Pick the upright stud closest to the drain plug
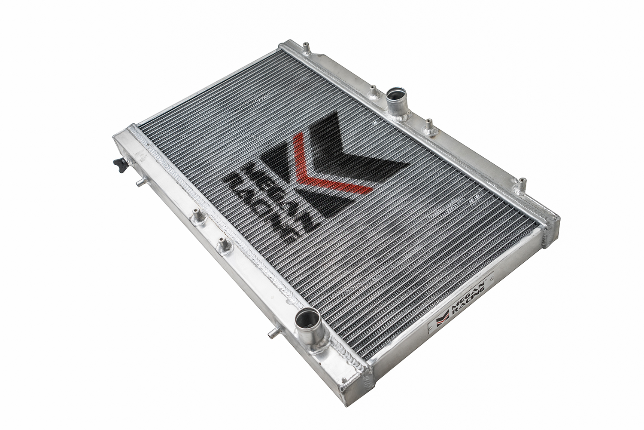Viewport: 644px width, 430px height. (x=198, y=216)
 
